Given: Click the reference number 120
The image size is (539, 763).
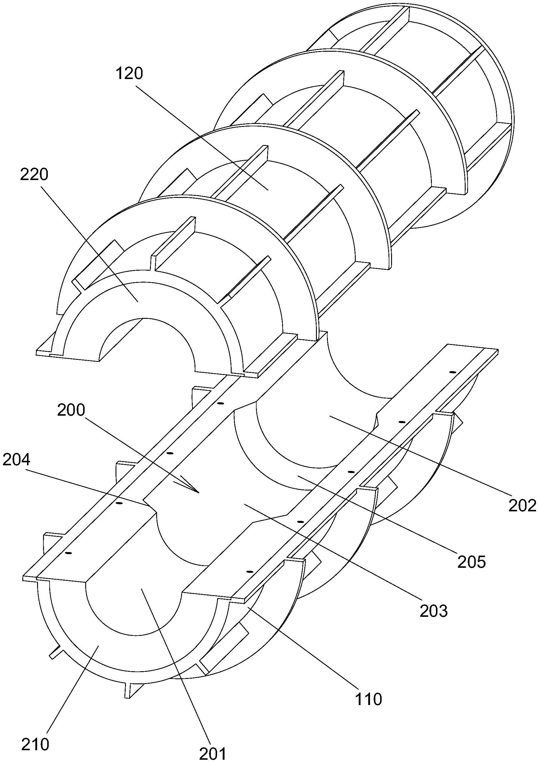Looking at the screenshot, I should [129, 73].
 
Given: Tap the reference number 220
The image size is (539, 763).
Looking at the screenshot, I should [34, 174].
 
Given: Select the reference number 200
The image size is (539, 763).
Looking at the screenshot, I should [71, 410].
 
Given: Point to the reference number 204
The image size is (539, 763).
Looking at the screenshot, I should [16, 460].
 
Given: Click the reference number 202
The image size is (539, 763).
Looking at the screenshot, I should [522, 505].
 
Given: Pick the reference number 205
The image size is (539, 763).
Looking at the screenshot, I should [472, 561].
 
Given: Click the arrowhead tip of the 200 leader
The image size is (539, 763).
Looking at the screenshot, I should [199, 493].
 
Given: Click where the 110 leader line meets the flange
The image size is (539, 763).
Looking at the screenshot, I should [248, 606].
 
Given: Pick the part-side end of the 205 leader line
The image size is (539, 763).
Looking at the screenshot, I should [298, 476].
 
